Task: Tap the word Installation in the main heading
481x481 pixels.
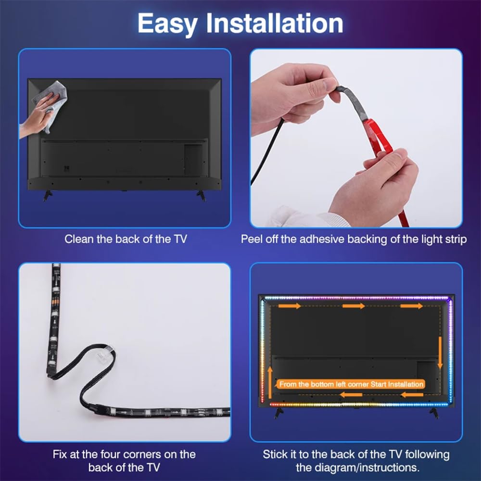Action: coord(275,24)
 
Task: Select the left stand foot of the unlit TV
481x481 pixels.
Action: coord(48,195)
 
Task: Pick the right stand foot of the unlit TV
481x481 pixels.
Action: coord(201,195)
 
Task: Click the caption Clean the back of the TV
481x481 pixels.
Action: coord(126,239)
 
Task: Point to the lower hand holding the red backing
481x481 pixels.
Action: coord(375,188)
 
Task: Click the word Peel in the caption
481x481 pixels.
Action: coord(252,239)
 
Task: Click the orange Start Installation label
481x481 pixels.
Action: coord(351,384)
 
